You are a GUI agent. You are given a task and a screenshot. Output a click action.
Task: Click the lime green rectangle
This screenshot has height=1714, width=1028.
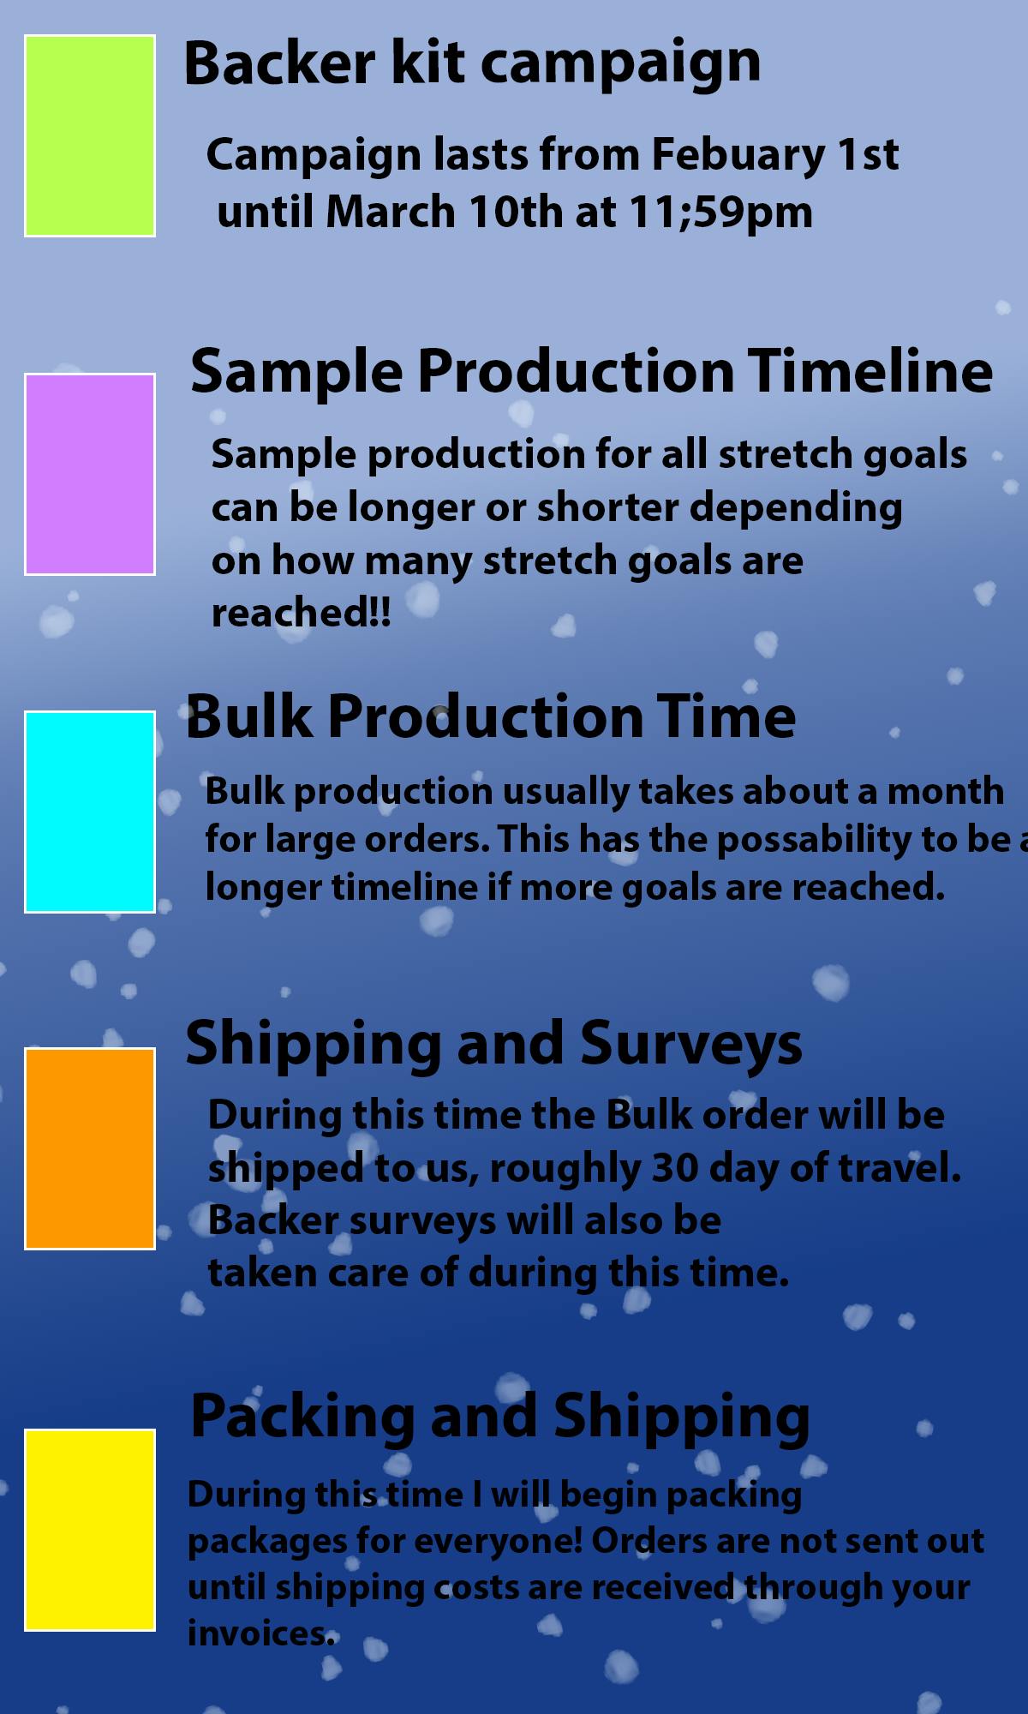tap(90, 135)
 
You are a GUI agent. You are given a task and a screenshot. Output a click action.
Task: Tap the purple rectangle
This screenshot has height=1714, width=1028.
tap(90, 474)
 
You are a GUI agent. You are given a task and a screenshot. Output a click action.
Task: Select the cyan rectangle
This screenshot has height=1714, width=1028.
tap(90, 812)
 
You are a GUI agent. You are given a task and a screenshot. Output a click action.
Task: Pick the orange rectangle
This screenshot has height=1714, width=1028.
tap(90, 1148)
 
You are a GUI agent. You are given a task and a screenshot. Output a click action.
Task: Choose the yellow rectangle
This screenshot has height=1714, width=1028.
tap(90, 1530)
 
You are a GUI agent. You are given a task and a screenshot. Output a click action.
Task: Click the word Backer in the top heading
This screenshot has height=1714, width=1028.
tap(279, 63)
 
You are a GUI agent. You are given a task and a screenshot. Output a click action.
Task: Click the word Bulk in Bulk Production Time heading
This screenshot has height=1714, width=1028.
tap(248, 716)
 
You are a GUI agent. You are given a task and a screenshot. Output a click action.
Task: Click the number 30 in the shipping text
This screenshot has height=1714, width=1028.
tap(675, 1168)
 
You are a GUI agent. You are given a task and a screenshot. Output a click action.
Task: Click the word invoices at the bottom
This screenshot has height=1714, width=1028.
tap(260, 1633)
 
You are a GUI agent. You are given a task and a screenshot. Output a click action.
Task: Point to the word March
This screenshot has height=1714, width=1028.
tap(391, 212)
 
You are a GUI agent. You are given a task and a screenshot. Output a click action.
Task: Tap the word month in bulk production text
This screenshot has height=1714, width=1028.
tap(945, 792)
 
